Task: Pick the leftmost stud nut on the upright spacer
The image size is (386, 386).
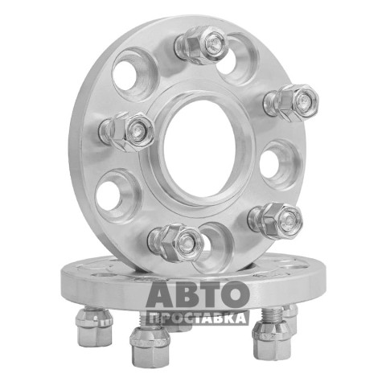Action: tap(127, 131)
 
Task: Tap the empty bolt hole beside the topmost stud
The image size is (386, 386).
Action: tap(236, 58)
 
